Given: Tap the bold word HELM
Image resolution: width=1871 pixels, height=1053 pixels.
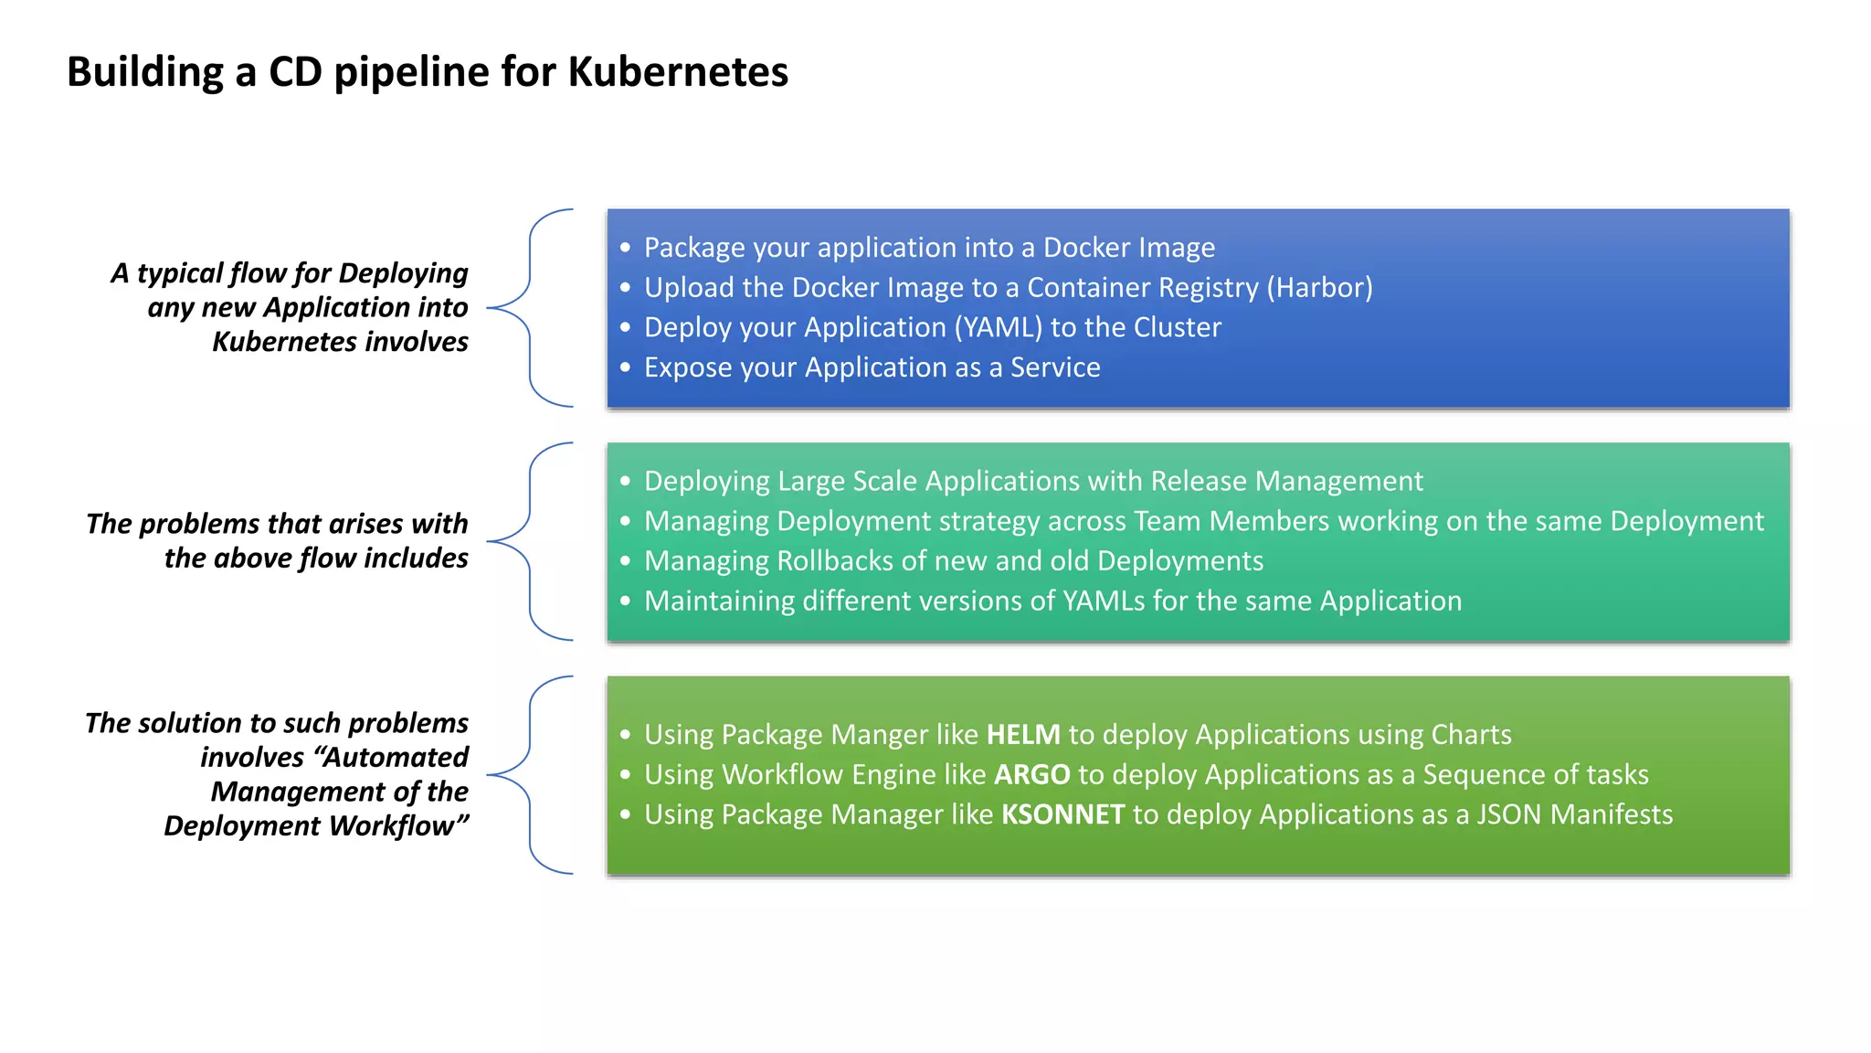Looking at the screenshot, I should tap(1023, 735).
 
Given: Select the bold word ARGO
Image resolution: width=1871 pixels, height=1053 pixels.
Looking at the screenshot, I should tap(1031, 775).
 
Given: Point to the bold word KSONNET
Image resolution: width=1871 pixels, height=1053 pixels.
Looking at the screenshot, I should tap(1062, 814).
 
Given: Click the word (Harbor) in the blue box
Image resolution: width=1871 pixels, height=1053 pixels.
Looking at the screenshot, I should tap(1319, 288).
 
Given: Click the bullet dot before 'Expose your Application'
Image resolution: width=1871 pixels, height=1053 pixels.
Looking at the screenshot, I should tap(625, 367).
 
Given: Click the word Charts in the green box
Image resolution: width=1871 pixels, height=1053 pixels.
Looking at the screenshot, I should tap(1471, 735).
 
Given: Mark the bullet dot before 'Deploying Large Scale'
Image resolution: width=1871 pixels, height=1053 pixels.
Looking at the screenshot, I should tap(625, 482).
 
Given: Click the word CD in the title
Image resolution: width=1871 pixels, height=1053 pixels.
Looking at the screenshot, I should tap(295, 71).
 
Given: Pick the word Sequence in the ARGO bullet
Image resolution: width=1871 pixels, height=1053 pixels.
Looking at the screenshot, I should tap(1480, 775).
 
